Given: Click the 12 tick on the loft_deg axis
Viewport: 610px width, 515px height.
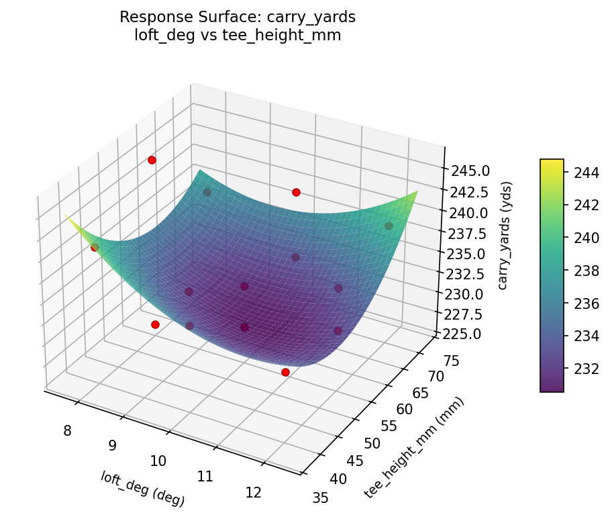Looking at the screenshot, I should tap(254, 492).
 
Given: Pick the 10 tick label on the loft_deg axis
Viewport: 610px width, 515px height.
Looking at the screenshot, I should tap(158, 461).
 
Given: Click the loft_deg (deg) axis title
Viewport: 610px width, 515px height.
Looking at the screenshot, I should tap(142, 488).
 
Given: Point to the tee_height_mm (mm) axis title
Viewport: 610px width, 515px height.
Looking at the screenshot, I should tap(414, 448).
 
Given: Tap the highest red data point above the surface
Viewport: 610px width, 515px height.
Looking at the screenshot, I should tap(152, 160).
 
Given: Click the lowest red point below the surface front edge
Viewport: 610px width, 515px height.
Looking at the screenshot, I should tap(285, 372).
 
